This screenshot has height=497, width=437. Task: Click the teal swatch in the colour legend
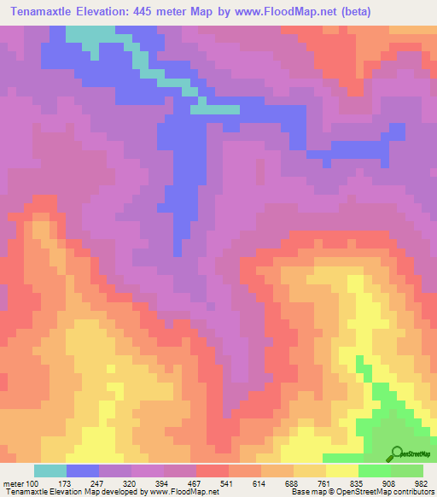click(x=50, y=471)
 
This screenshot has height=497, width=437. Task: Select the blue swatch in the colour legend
click(x=83, y=471)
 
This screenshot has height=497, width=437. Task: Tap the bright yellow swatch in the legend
click(x=341, y=471)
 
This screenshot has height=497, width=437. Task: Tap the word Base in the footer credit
click(x=299, y=492)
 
